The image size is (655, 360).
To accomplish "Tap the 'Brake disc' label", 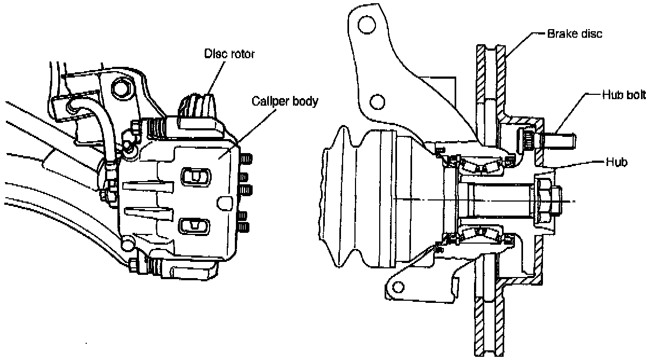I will [574, 33].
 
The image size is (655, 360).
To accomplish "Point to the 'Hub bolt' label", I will [619, 95].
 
